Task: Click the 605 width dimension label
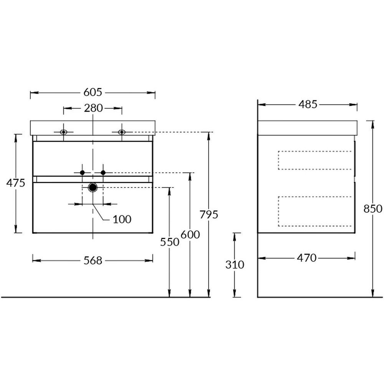pos(93,92)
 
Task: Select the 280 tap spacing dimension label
pos(93,108)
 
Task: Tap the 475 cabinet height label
pos(16,183)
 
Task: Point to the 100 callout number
pos(122,219)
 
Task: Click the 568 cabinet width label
pos(93,261)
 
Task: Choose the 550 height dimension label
pos(170,242)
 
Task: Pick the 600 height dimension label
pos(190,235)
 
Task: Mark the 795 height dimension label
pos(209,215)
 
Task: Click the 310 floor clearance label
pos(235,265)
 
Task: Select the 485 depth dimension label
pos(308,104)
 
